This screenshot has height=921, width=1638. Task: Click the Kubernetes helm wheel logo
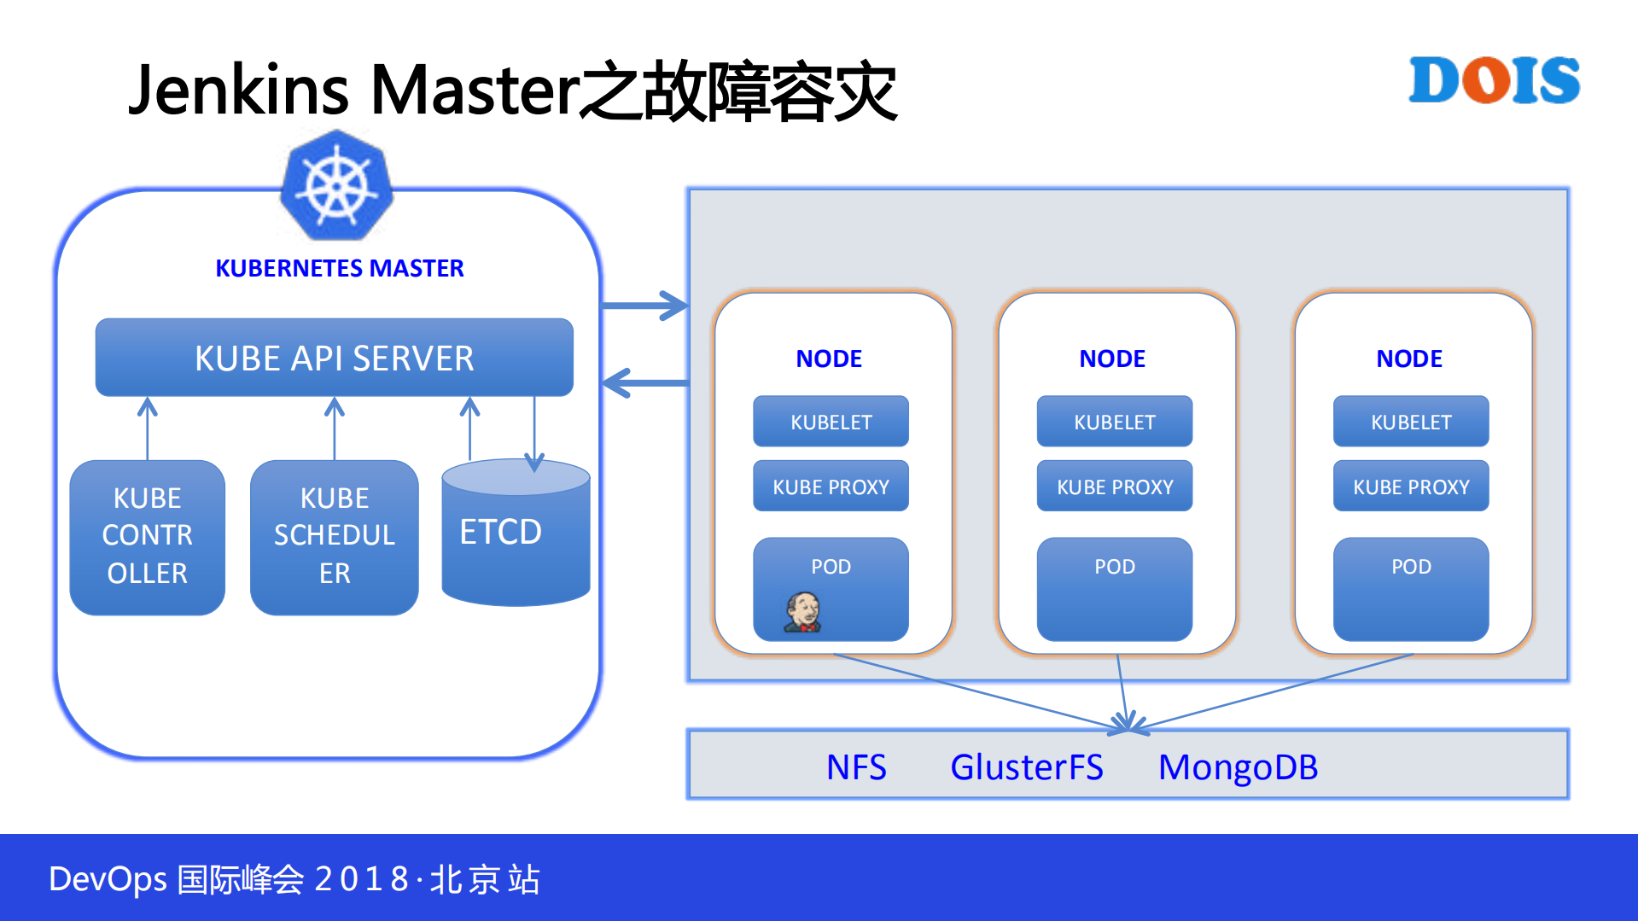tap(336, 186)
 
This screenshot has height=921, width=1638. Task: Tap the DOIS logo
tap(1494, 80)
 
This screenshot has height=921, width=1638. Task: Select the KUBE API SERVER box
tap(334, 358)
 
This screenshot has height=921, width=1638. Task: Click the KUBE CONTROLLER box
tap(147, 536)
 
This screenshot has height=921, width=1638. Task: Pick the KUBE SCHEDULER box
tap(334, 536)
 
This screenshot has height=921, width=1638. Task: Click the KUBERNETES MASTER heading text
tap(339, 268)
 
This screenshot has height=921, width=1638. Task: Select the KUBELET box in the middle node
tap(1114, 422)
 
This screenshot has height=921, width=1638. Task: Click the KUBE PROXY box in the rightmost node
tap(1410, 487)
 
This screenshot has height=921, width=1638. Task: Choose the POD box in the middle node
tap(1114, 589)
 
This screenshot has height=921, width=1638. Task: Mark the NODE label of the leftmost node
tap(828, 358)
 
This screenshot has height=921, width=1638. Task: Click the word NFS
tap(856, 767)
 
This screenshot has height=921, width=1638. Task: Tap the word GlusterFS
tap(1026, 767)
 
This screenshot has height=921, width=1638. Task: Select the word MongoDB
tap(1237, 767)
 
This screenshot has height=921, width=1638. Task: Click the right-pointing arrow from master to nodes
tap(644, 306)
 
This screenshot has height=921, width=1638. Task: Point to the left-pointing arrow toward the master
tap(644, 382)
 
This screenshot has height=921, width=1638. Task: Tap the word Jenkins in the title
tap(238, 90)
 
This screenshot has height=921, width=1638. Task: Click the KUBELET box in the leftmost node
tap(831, 422)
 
